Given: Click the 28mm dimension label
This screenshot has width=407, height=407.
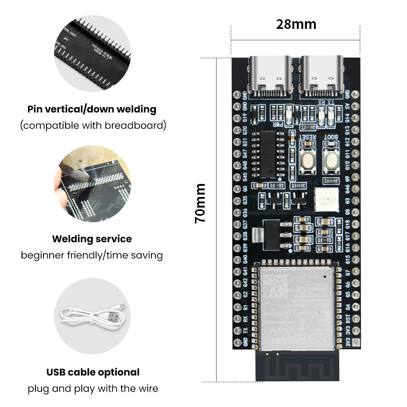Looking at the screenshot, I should coord(296,24).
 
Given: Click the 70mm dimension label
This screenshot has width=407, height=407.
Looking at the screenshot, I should coord(200,203).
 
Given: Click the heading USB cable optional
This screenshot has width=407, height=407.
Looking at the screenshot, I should coord(92,372).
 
